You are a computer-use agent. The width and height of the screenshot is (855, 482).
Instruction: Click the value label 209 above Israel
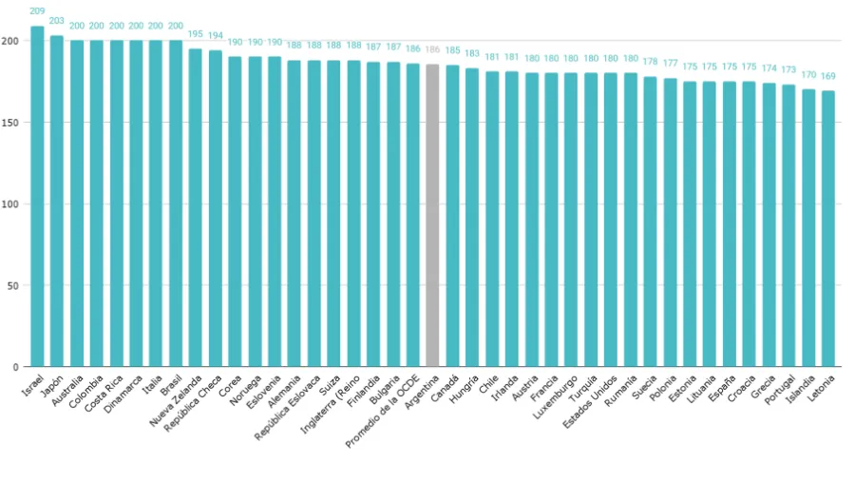pyautogui.click(x=37, y=11)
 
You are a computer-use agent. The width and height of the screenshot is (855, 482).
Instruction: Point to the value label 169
pyautogui.click(x=828, y=76)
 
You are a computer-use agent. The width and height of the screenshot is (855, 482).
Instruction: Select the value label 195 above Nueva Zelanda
pyautogui.click(x=195, y=34)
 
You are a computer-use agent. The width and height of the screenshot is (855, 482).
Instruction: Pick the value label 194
pyautogui.click(x=215, y=35)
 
